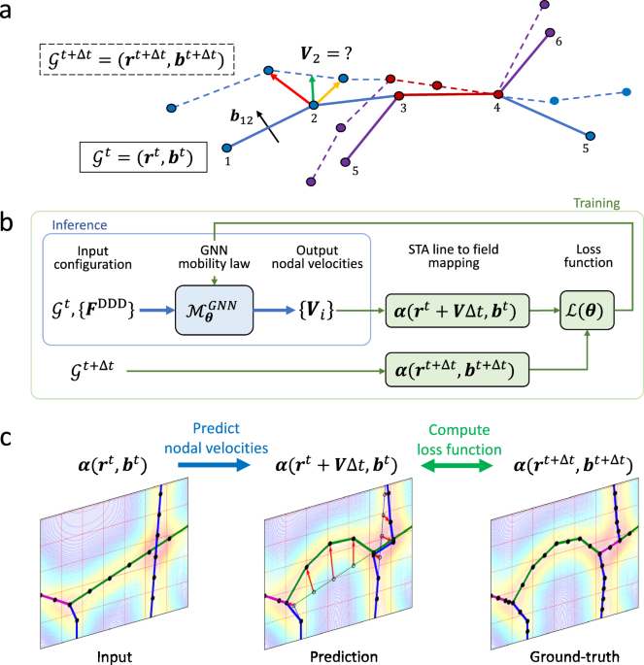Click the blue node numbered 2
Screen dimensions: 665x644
click(x=313, y=105)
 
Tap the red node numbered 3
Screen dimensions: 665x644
click(x=398, y=97)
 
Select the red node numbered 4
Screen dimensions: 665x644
click(x=498, y=94)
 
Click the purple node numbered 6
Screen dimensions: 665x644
click(x=550, y=33)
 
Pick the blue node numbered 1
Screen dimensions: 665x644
click(x=226, y=149)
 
